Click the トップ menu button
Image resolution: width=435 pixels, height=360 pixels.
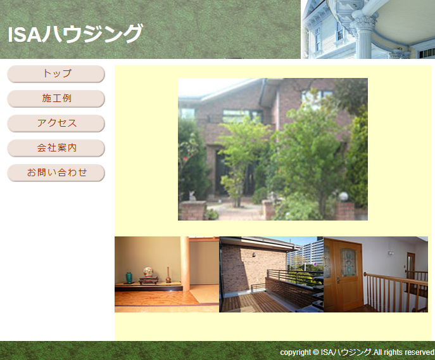(x=56, y=74)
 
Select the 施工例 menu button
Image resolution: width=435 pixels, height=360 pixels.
(x=56, y=99)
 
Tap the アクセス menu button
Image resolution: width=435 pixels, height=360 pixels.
(x=56, y=124)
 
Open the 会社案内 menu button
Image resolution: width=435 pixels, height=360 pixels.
(x=56, y=148)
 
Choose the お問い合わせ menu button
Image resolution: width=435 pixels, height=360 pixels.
(x=56, y=173)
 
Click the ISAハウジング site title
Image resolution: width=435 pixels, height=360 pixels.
(x=75, y=34)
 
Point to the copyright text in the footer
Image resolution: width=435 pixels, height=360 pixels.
(x=357, y=352)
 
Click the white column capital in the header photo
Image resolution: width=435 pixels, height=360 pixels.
(x=365, y=22)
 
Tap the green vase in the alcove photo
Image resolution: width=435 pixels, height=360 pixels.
(x=129, y=278)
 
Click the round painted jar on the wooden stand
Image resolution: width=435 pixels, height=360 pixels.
(x=148, y=272)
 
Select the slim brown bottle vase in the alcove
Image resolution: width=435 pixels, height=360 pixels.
(x=168, y=275)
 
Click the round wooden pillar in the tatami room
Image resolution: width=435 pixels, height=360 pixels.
(x=184, y=262)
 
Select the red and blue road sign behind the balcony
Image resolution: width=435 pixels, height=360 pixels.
(x=315, y=264)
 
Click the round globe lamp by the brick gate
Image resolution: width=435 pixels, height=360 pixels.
(x=343, y=196)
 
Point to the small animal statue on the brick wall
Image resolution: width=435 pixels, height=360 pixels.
(x=192, y=195)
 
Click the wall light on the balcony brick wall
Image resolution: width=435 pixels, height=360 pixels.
(x=254, y=254)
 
